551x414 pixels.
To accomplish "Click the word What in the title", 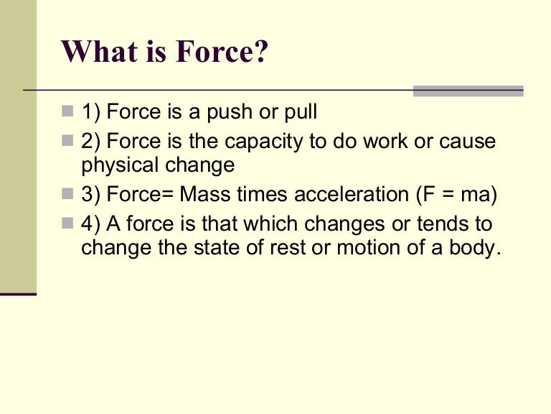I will click(x=96, y=51).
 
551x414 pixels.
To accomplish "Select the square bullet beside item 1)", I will click(x=67, y=111).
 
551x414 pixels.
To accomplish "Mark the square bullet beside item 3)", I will click(x=67, y=194).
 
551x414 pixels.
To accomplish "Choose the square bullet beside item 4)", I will click(x=67, y=224).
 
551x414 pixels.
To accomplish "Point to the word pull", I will click(x=299, y=113).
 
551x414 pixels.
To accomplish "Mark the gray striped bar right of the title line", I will click(x=468, y=91).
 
